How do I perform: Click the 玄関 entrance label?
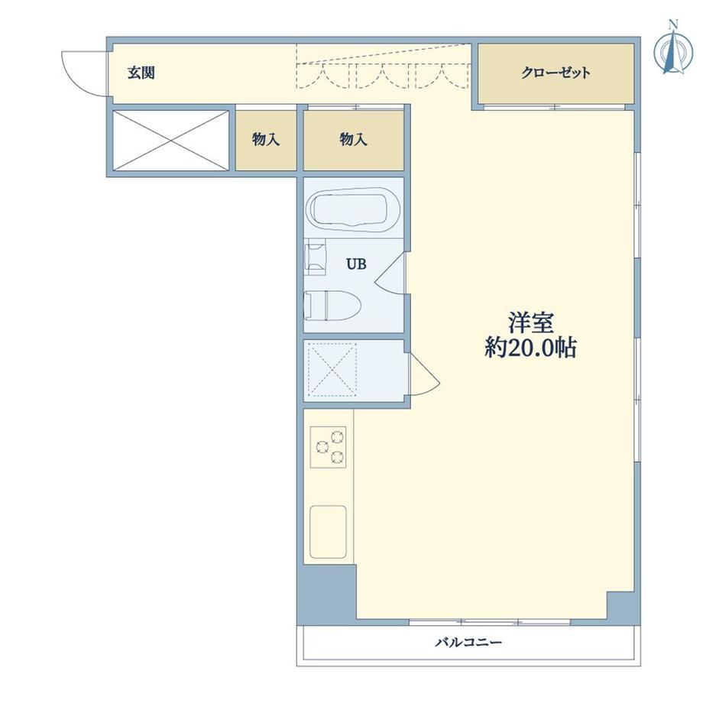(x=141, y=73)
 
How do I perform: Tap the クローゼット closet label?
(x=556, y=73)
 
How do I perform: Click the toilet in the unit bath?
(x=332, y=305)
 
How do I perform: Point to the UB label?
(x=356, y=264)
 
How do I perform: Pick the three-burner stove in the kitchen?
(x=328, y=447)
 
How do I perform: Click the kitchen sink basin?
(x=328, y=532)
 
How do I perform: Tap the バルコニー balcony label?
(x=468, y=643)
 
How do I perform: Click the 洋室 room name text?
(x=531, y=322)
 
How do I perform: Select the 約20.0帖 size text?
(x=530, y=348)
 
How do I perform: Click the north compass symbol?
(x=672, y=51)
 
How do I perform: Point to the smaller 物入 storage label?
(x=266, y=139)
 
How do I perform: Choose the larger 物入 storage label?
(x=353, y=139)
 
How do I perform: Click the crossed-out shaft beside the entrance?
(x=171, y=141)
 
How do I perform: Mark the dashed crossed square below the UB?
(x=333, y=370)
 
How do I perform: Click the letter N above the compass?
(x=672, y=24)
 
